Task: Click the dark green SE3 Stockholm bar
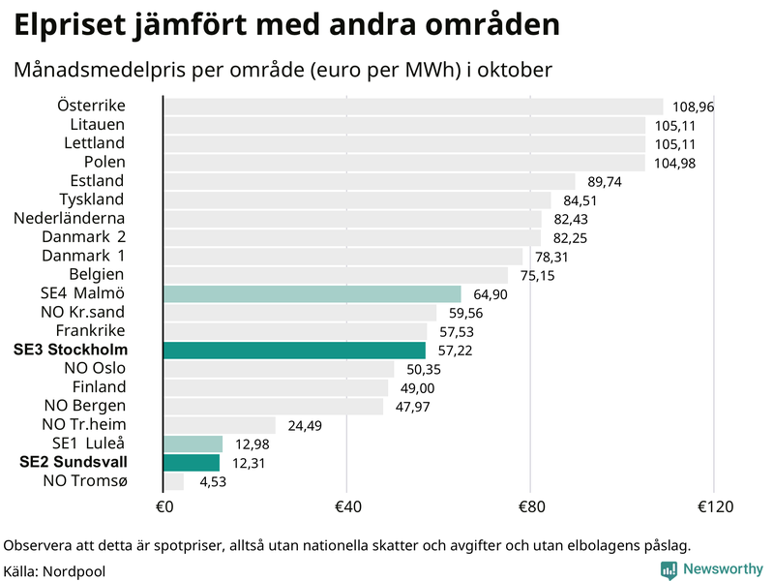point(294,350)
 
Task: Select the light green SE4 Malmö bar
point(313,293)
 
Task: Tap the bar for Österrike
point(413,107)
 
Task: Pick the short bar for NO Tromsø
point(173,481)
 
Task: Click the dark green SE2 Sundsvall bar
point(192,463)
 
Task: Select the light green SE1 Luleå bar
point(193,443)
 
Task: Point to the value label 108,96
point(694,107)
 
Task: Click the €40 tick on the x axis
point(347,506)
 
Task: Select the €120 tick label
point(713,506)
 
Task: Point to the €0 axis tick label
point(164,506)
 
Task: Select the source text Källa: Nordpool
point(54,571)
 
